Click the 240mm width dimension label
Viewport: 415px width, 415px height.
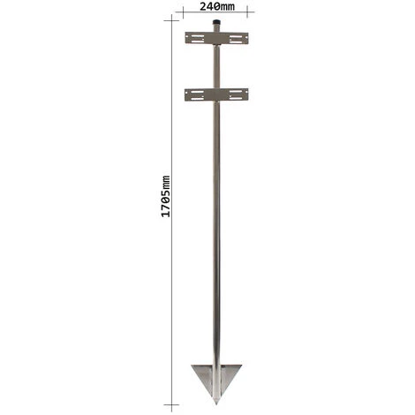tap(218, 6)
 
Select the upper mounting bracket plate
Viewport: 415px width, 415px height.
tap(216, 38)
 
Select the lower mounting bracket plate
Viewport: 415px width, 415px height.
tap(216, 94)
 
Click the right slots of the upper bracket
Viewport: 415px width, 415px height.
tap(236, 38)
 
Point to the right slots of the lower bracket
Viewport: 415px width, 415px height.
tap(236, 94)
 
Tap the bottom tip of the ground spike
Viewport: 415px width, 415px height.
tap(215, 401)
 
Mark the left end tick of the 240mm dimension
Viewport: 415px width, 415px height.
tap(183, 11)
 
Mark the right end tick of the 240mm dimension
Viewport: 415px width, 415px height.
tap(248, 11)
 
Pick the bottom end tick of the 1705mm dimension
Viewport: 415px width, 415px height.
tap(170, 404)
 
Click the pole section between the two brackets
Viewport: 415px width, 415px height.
tap(216, 67)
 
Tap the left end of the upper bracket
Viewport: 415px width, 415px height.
tap(186, 38)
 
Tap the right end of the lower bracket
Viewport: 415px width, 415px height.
tap(246, 94)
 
